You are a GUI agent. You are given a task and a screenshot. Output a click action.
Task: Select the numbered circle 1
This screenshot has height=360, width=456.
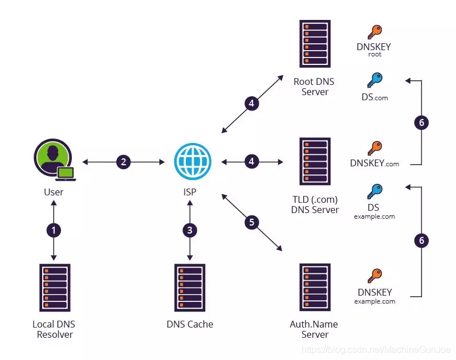[54, 231]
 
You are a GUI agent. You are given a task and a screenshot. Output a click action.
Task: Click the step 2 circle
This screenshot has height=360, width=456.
[124, 162]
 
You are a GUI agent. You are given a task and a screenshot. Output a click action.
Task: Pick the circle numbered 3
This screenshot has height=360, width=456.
[190, 231]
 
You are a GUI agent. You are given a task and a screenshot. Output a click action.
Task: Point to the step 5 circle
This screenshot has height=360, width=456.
[252, 222]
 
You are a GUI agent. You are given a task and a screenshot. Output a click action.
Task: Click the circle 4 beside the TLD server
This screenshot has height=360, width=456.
[251, 162]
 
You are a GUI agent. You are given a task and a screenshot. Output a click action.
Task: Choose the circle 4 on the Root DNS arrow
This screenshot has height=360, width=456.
[251, 104]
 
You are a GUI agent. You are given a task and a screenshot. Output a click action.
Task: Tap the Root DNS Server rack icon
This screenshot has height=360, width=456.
[314, 44]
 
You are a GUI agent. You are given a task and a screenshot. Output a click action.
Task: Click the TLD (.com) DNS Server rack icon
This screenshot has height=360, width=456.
[314, 162]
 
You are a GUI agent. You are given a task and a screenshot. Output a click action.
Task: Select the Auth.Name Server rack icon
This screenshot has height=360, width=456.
[314, 287]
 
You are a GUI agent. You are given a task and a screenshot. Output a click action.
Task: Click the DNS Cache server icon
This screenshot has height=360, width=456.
[190, 287]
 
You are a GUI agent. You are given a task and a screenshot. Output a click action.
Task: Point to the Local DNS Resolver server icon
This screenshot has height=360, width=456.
[54, 287]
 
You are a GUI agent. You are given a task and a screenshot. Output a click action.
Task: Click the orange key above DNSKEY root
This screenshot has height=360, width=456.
[374, 32]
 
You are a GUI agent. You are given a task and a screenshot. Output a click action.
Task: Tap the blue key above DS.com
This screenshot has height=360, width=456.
[374, 80]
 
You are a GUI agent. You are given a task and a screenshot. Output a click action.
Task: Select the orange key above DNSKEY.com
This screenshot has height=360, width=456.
[374, 148]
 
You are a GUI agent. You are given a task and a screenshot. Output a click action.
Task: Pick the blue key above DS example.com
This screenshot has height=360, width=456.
[374, 191]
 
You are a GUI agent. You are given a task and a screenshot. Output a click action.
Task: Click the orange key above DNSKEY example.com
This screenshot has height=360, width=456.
[374, 276]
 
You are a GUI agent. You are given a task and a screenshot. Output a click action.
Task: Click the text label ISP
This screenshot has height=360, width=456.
[190, 192]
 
